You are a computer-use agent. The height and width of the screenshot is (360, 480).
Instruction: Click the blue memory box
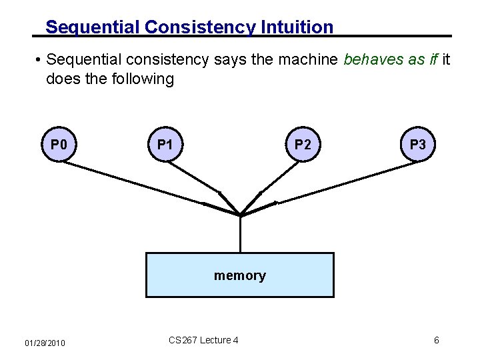pyautogui.click(x=240, y=275)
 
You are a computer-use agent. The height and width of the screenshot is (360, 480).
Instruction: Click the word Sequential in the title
pyautogui.click(x=93, y=27)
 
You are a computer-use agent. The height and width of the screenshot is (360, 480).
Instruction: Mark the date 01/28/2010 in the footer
pyautogui.click(x=45, y=343)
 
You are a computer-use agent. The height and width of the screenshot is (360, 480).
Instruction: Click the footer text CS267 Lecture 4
pyautogui.click(x=203, y=340)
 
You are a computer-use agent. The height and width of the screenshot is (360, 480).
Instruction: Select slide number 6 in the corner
pyautogui.click(x=436, y=341)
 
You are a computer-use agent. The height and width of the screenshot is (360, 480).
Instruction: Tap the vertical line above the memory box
pyautogui.click(x=240, y=234)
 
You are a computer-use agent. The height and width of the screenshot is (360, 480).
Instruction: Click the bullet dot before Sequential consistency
pyautogui.click(x=40, y=61)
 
